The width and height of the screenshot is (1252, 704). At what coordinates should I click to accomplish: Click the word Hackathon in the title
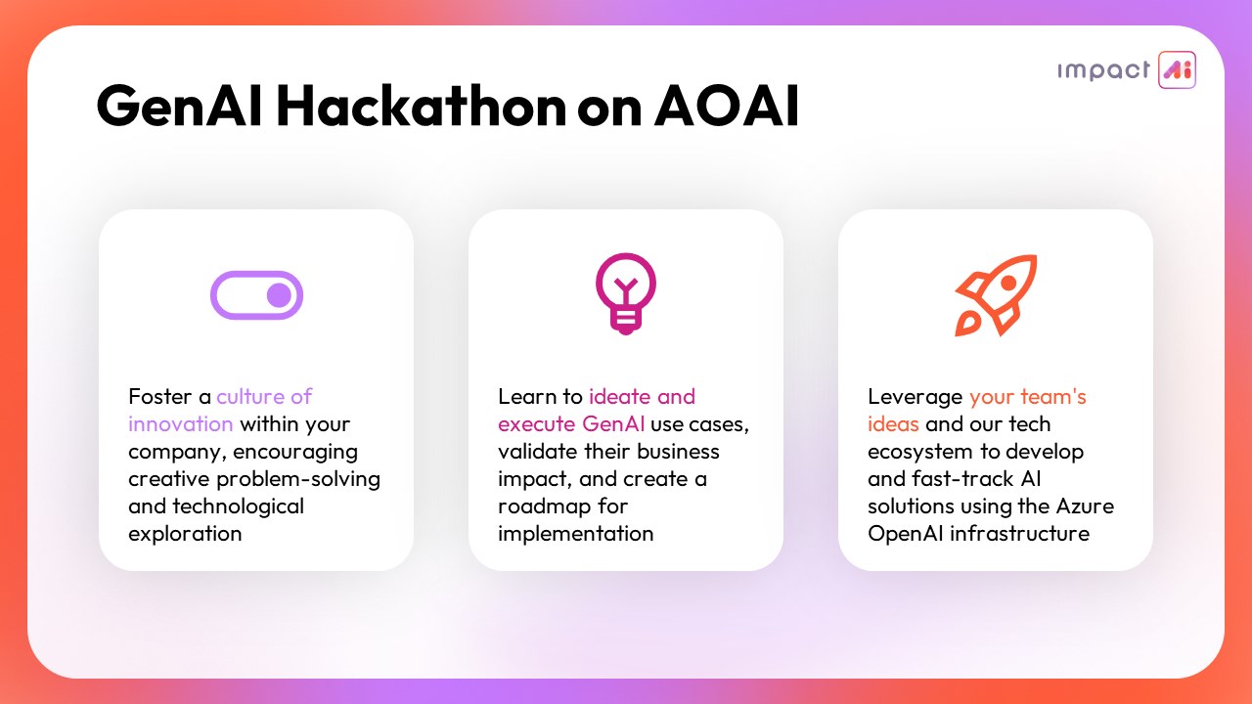click(422, 106)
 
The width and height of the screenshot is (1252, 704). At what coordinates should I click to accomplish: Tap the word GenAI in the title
click(179, 106)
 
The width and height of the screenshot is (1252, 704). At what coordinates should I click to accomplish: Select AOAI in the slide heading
click(727, 106)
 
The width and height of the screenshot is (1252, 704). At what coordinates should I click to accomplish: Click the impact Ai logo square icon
click(1177, 69)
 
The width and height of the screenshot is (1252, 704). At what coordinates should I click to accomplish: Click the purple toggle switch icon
click(256, 295)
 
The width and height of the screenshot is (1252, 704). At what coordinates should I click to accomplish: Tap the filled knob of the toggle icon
click(279, 295)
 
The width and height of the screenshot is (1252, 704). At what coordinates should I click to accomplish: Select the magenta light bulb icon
click(626, 294)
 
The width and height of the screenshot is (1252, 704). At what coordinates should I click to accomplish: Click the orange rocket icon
click(996, 295)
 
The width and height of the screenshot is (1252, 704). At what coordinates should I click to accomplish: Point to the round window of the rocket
click(1008, 283)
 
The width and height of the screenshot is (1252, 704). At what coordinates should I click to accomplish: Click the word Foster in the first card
click(160, 397)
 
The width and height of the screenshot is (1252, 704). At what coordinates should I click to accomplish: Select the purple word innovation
click(181, 424)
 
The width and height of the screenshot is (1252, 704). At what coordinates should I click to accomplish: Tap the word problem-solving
click(298, 480)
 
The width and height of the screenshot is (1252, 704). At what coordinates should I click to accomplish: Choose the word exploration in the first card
click(185, 535)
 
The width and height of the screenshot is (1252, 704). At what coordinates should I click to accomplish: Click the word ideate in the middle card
click(620, 397)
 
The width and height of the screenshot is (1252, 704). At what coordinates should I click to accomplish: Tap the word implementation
click(576, 535)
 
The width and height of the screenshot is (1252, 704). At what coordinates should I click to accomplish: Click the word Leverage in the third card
click(915, 398)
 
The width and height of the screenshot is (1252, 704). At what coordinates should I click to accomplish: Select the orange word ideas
click(893, 424)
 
